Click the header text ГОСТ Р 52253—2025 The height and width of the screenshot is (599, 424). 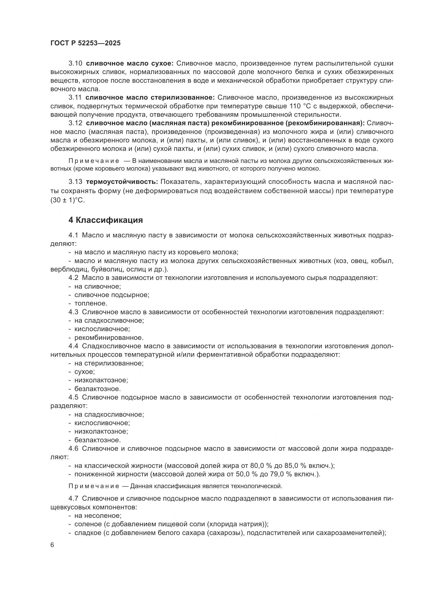(85, 43)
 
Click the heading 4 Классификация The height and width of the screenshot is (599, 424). (105, 220)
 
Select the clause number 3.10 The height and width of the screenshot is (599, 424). (75, 64)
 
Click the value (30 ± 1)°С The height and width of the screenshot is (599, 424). (68, 201)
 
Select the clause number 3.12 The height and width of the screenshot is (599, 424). (75, 123)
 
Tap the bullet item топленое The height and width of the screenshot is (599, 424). (90, 303)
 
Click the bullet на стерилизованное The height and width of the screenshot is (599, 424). (109, 363)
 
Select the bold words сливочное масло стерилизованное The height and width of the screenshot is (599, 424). (150, 98)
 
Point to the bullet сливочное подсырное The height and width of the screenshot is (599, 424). (112, 295)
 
